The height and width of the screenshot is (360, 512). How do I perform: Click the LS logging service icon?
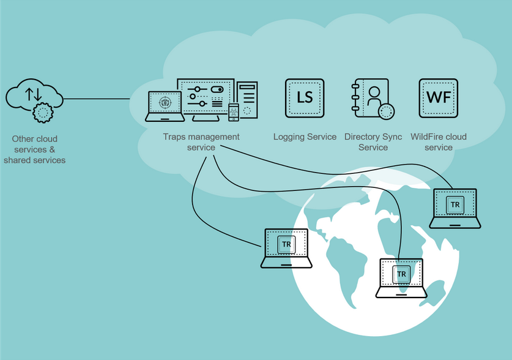(305, 98)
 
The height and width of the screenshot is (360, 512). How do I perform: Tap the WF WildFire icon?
(439, 98)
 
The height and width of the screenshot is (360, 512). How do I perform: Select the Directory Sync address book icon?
(373, 99)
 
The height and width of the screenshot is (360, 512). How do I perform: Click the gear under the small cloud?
(43, 113)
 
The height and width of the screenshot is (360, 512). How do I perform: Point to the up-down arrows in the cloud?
(34, 94)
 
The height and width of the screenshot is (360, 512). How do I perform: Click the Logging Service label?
(305, 137)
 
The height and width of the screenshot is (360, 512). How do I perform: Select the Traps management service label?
(201, 142)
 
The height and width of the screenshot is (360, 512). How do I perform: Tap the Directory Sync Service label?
(373, 142)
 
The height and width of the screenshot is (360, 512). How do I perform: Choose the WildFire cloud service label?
(439, 142)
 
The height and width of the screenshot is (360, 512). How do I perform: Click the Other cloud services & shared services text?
(35, 149)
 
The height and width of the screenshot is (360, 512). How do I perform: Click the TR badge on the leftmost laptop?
(286, 244)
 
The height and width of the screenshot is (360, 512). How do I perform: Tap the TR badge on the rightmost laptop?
(455, 204)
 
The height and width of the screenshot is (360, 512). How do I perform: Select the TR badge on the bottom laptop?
(401, 274)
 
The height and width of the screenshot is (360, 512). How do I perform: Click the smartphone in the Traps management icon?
(234, 113)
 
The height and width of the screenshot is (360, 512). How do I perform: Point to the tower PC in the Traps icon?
(247, 100)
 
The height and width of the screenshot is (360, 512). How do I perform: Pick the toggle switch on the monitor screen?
(217, 89)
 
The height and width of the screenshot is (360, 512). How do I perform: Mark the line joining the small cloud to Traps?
(97, 99)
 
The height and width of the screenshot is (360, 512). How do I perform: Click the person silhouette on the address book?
(374, 96)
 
